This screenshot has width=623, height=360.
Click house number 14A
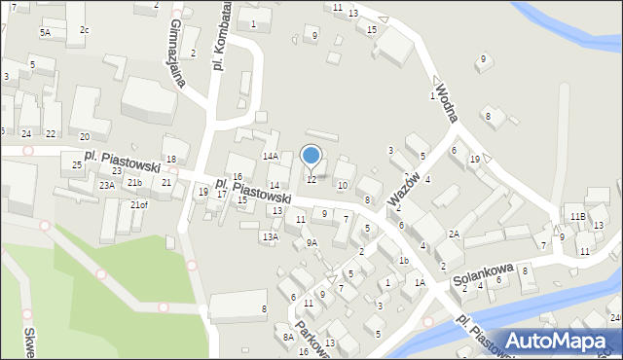tap(270, 156)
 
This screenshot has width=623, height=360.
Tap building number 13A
tap(270, 236)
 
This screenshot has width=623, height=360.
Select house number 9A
tap(311, 242)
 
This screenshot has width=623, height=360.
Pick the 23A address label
tap(106, 185)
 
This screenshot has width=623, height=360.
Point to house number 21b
tap(133, 183)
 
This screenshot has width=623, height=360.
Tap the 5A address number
tap(45, 32)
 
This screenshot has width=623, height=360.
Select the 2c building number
tap(85, 30)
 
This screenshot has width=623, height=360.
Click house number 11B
tap(578, 216)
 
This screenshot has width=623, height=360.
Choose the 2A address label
tap(454, 234)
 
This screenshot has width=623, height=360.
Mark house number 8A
tap(288, 337)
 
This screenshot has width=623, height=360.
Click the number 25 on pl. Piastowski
tap(77, 165)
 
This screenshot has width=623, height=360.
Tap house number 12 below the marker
tap(311, 179)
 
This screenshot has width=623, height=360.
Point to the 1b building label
tap(403, 260)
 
